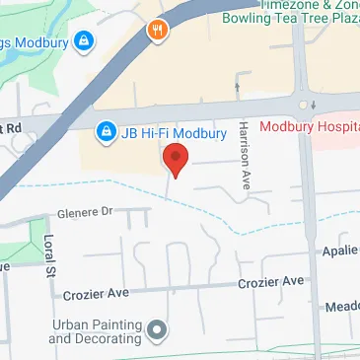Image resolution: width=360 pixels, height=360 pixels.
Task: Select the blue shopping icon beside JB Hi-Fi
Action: pos(105,130)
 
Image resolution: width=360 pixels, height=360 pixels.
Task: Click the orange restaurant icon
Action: pos(157,29)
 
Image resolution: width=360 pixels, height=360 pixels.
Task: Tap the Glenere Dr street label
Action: pos(86,210)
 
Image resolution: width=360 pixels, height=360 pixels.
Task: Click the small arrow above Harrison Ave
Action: pos(236,87)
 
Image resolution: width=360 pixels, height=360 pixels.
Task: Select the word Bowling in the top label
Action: pos(247,18)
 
